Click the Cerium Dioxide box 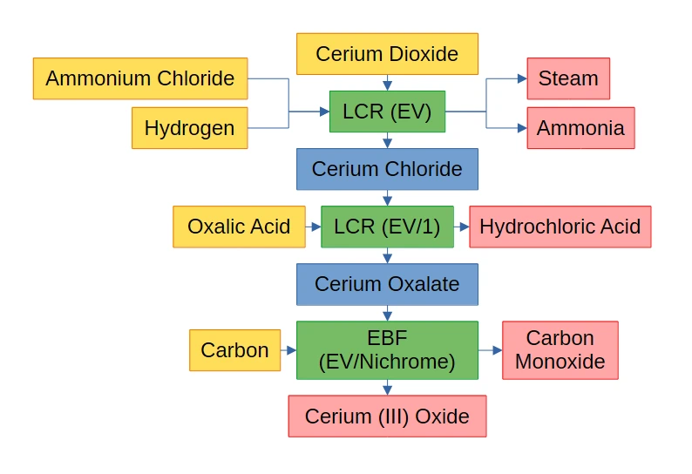tap(387, 54)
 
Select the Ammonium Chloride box tap(140, 78)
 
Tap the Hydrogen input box tap(189, 128)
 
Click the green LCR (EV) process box tap(387, 112)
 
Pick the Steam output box tap(568, 78)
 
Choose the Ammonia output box tap(580, 128)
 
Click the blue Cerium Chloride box tap(387, 169)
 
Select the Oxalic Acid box tap(239, 227)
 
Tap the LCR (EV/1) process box tap(387, 227)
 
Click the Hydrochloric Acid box tap(560, 227)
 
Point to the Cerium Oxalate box tap(387, 284)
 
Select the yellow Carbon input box tap(234, 350)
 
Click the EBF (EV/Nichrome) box tap(387, 350)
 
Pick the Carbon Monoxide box tap(560, 350)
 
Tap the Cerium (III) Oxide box tap(387, 416)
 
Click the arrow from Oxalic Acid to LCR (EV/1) tap(313, 227)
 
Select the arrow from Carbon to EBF tap(288, 350)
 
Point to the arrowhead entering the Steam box tap(522, 78)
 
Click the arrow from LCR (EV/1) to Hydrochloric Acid tap(462, 227)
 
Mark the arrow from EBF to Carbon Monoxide tap(491, 350)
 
